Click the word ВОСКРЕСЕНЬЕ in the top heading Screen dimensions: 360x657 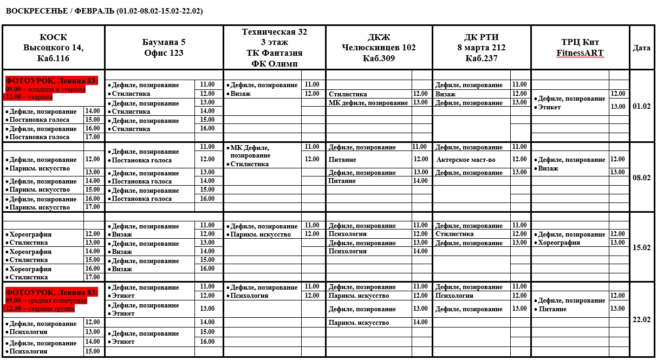click(31, 11)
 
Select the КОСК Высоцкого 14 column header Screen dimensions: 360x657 click(54, 48)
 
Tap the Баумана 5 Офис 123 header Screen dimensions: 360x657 click(164, 48)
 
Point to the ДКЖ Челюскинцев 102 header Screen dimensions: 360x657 click(379, 48)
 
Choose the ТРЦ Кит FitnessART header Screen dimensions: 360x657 click(580, 48)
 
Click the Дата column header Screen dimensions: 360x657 click(641, 48)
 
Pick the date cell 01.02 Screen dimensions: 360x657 click(641, 106)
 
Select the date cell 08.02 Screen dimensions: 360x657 click(641, 177)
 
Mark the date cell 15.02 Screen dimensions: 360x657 click(641, 247)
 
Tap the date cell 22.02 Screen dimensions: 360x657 click(641, 319)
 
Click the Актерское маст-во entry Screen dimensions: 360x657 click(466, 160)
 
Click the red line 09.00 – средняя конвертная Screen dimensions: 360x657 click(46, 300)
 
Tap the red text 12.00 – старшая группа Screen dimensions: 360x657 click(41, 309)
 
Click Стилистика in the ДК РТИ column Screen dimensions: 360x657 click(454, 234)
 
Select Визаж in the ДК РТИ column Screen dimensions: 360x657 click(445, 94)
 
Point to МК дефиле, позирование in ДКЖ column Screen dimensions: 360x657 click(368, 103)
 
